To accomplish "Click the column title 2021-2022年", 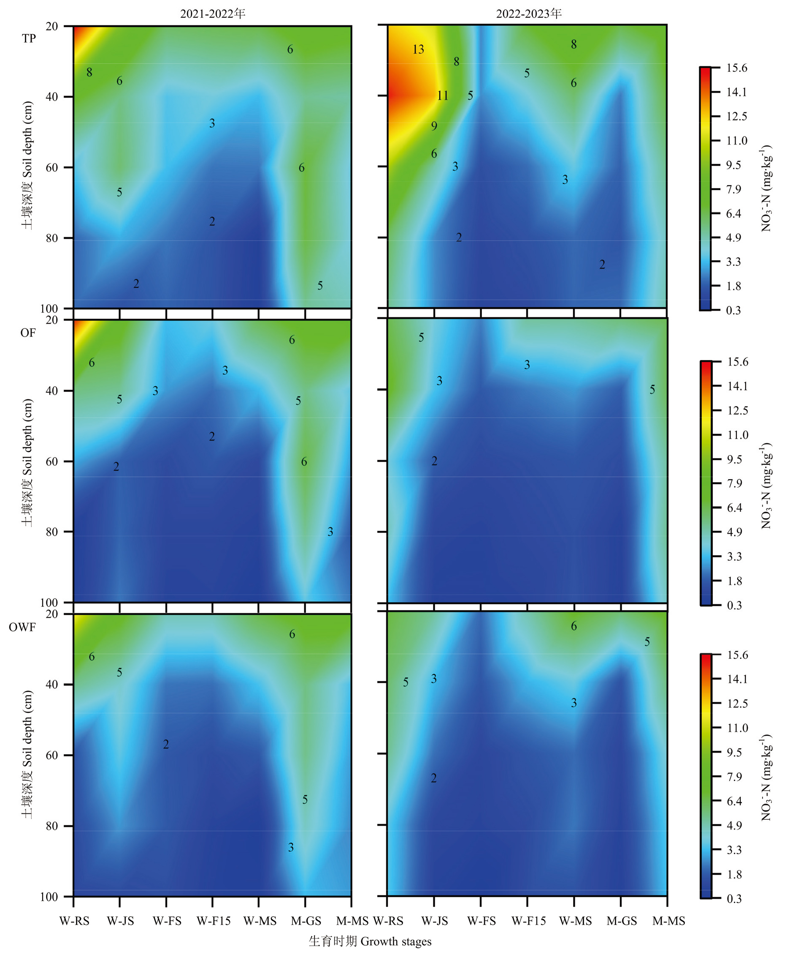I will click(x=213, y=14).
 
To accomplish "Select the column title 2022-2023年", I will click(x=529, y=14).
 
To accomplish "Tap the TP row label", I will click(x=29, y=38).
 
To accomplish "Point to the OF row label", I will click(x=28, y=333).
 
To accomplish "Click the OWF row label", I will click(x=22, y=627).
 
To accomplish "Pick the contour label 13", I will click(x=418, y=49).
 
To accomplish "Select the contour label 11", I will click(x=442, y=95).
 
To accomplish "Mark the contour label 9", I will click(x=434, y=126).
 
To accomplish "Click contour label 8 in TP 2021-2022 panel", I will click(x=89, y=72).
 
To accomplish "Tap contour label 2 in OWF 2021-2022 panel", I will click(x=166, y=744).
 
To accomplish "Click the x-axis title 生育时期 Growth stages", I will click(x=370, y=941).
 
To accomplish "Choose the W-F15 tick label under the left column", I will click(x=214, y=921).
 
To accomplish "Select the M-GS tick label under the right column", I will click(x=622, y=921).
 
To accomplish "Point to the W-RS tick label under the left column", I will click(x=75, y=921).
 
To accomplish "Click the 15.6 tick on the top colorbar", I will click(x=736, y=68).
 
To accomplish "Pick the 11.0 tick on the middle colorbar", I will click(x=737, y=435).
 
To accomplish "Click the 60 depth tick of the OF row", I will click(x=52, y=461).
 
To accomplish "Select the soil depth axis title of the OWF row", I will click(x=27, y=754).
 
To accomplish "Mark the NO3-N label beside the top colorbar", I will click(x=766, y=189).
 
